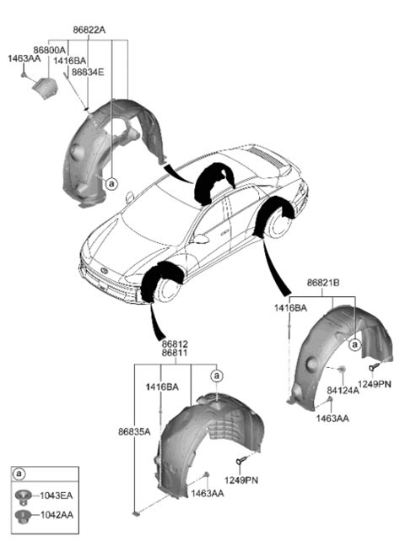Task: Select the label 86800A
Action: coord(50,51)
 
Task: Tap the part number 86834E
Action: coord(87,73)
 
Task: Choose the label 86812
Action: coord(175,344)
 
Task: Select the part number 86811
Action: coord(175,355)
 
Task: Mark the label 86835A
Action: coord(134,432)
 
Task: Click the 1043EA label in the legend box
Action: coord(55,496)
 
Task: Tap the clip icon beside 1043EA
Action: coord(24,496)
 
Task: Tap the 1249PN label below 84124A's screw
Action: coord(376,385)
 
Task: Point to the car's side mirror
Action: coord(201,239)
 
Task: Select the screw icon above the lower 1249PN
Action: coord(241,461)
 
